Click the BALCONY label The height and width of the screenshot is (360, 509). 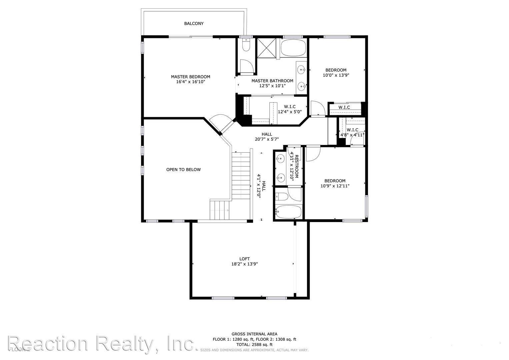coord(194,24)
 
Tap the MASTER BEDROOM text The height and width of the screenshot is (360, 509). coord(190,77)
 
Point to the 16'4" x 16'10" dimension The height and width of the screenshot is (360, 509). coord(190,82)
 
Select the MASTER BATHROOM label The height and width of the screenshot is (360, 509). coord(272,81)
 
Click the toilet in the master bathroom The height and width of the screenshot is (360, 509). coord(246,45)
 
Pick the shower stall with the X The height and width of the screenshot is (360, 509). coord(267,48)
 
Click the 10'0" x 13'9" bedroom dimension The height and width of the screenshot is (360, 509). coord(336,75)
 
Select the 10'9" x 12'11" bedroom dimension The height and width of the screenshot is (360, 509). coord(335,186)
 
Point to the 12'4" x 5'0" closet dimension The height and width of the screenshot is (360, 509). coord(290,112)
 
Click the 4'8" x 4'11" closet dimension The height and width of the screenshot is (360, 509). coord(352,135)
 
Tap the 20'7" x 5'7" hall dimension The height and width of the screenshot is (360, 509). coord(267,139)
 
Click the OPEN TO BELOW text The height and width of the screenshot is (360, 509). coord(183,170)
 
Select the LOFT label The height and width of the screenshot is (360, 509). coord(244,259)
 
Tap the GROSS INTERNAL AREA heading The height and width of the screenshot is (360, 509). coord(254,334)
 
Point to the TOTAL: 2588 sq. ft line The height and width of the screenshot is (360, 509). coord(254,345)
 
